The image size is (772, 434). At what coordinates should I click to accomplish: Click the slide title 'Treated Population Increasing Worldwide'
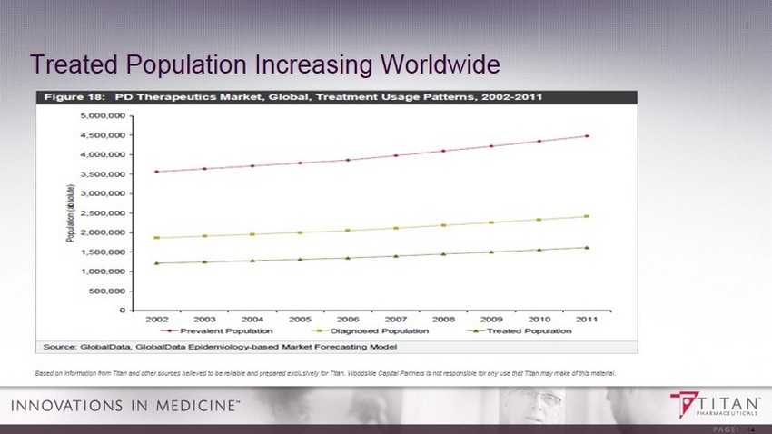(x=264, y=64)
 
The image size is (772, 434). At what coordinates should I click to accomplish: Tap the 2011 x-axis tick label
(x=587, y=320)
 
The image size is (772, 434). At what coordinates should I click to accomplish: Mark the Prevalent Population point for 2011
(x=587, y=136)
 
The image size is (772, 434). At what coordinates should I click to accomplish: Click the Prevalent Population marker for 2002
(x=156, y=172)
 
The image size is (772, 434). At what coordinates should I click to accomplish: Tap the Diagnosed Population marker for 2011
(x=587, y=216)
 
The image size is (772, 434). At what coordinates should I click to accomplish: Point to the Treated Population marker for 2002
(x=156, y=263)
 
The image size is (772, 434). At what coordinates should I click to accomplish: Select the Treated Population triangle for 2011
(x=587, y=247)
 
